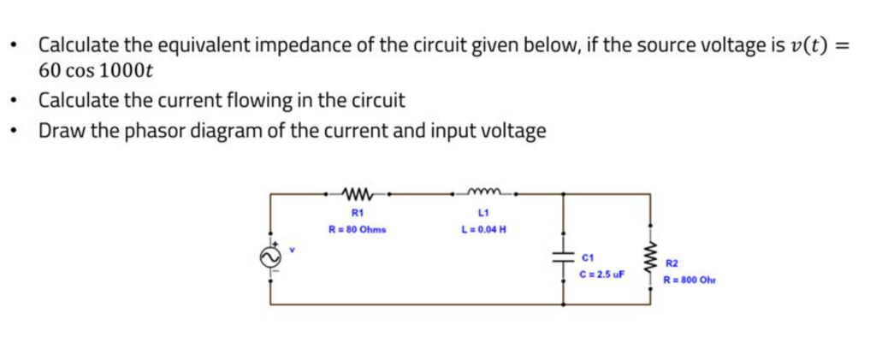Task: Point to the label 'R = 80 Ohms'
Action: click(358, 229)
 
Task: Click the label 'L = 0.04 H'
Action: click(483, 229)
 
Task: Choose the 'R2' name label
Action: click(672, 264)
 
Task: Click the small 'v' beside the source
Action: click(291, 250)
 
